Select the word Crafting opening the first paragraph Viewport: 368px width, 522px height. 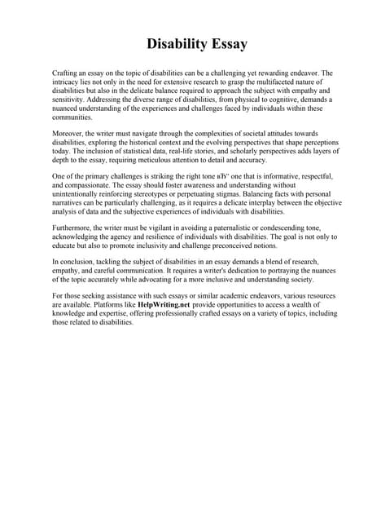click(65, 73)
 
